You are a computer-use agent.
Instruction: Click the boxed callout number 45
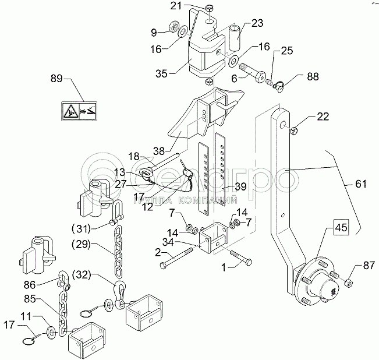pos(342,227)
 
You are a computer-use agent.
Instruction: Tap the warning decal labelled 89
pos(79,111)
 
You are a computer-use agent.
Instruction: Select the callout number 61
pos(361,184)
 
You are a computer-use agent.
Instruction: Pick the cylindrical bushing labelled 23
pos(235,38)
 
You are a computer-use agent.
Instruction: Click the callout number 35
pos(161,73)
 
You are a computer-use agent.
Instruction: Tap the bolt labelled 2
pos(177,257)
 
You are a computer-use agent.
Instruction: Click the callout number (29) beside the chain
pos(82,244)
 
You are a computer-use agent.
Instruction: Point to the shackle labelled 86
pos(63,280)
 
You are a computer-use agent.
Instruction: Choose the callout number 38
pos(159,151)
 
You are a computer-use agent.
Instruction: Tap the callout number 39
pos(240,186)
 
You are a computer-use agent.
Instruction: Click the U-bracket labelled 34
pos(213,237)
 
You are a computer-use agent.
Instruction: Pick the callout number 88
pos(313,76)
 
